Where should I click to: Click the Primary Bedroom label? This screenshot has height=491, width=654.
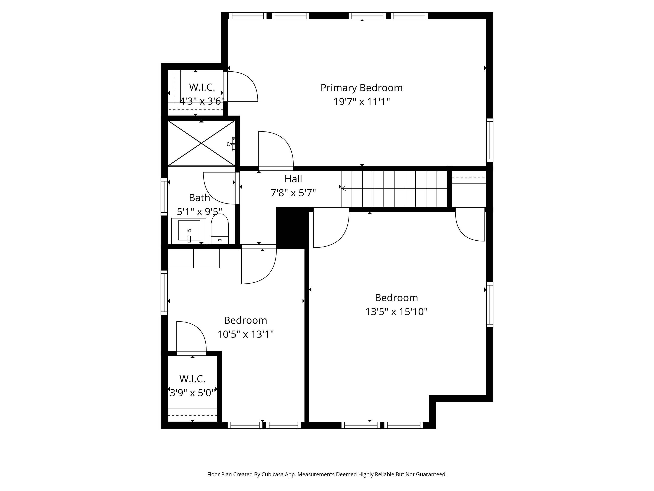(x=361, y=88)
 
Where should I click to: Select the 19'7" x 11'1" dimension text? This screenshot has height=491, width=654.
(x=361, y=102)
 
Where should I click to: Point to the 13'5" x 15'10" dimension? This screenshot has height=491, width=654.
(x=396, y=312)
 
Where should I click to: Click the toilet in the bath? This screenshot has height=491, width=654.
(x=220, y=229)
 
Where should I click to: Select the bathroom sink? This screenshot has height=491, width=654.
(x=189, y=231)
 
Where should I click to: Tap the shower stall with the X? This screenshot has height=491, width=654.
(x=201, y=143)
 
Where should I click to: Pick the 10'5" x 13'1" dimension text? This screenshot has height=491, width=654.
(x=245, y=334)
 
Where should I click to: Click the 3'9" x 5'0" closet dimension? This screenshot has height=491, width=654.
(x=192, y=393)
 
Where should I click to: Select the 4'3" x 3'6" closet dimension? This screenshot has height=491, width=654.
(x=202, y=101)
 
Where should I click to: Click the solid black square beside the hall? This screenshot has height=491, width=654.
(x=291, y=228)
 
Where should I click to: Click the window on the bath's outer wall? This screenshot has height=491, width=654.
(x=164, y=197)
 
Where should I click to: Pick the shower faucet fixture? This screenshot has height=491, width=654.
(x=231, y=144)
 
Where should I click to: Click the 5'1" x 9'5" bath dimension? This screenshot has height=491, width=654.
(x=199, y=212)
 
